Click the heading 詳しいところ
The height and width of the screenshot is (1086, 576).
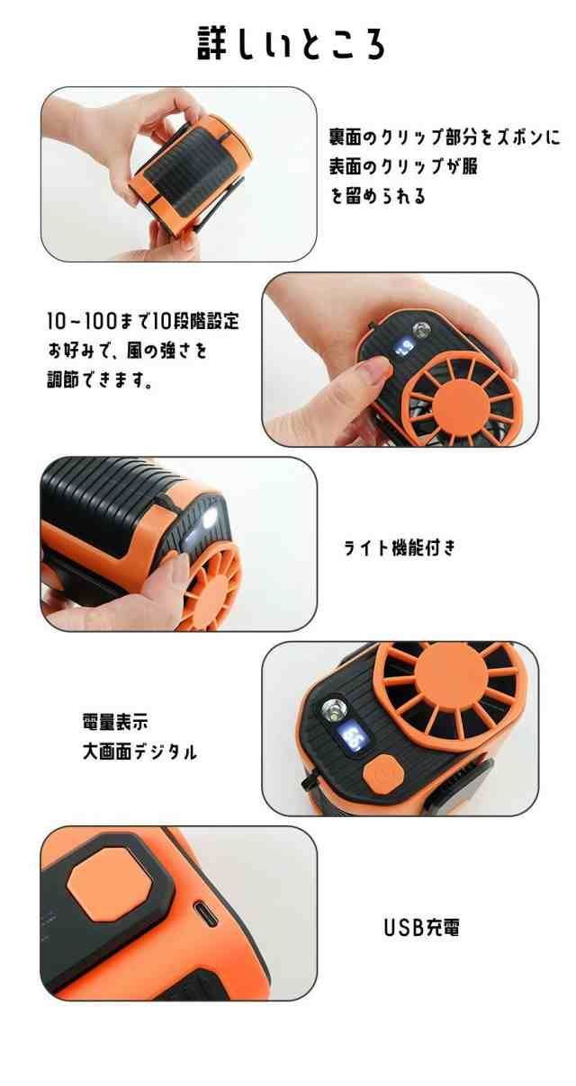[291, 44]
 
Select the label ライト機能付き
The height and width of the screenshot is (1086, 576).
[400, 547]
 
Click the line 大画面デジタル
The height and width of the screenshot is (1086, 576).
[139, 752]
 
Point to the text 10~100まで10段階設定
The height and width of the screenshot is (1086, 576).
[143, 321]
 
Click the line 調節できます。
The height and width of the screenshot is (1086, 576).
[99, 379]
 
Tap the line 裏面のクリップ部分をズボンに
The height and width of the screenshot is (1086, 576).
[444, 138]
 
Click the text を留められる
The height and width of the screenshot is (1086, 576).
[378, 196]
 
